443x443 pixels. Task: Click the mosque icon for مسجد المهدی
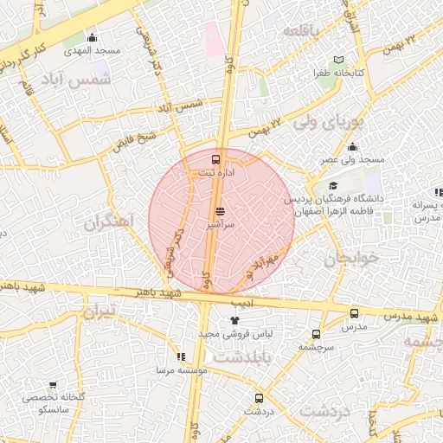[x=93, y=37]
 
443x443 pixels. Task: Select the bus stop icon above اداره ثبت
[x=216, y=159]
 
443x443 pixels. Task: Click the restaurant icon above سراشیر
[x=219, y=210]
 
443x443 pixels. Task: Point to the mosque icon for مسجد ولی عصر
[x=352, y=148]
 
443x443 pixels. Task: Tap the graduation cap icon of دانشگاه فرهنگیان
[x=333, y=186]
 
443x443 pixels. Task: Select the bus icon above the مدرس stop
[x=354, y=313]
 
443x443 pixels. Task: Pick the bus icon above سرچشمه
[x=316, y=333]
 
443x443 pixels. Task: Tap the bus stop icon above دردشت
[x=259, y=398]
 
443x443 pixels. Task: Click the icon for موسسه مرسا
[x=181, y=356]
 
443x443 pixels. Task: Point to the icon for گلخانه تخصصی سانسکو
[x=53, y=386]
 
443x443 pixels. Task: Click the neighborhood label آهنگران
[x=111, y=221]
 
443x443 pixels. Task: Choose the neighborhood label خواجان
[x=352, y=259]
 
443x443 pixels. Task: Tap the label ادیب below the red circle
[x=247, y=302]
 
